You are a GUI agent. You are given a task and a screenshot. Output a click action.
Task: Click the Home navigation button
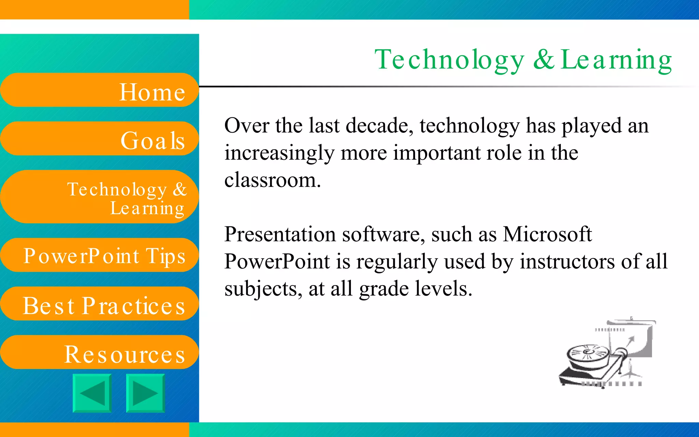pos(99,90)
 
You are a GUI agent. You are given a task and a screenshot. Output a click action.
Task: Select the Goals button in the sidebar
pos(99,139)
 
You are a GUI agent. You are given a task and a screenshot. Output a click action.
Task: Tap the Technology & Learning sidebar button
pos(99,197)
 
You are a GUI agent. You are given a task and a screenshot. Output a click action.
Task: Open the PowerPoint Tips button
pos(99,255)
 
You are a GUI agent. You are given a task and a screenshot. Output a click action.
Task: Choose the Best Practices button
pos(99,304)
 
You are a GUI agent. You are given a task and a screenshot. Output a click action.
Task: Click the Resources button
pos(99,352)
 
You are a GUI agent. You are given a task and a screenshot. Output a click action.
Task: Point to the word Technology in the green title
pos(449,60)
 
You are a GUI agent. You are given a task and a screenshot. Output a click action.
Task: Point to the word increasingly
pos(279,153)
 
